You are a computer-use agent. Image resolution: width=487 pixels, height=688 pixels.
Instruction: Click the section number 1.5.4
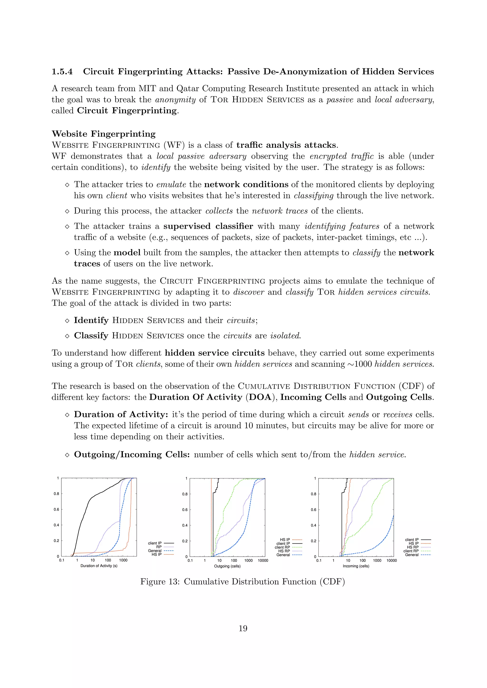point(62,72)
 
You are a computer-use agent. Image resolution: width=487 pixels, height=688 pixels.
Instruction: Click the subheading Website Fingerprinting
point(103,134)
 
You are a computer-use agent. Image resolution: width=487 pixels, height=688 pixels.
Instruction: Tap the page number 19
point(243,629)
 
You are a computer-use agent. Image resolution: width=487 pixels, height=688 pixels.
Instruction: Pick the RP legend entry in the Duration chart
point(159,547)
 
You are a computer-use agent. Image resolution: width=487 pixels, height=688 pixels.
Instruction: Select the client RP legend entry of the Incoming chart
point(411,551)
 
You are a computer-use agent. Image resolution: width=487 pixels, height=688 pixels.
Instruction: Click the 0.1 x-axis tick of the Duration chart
point(62,560)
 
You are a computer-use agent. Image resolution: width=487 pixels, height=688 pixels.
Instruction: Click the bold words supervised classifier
point(208,226)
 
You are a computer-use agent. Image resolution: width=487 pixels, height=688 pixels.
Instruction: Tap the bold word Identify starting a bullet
point(91,320)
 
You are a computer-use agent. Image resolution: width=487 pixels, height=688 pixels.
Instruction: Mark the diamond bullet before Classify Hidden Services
point(67,336)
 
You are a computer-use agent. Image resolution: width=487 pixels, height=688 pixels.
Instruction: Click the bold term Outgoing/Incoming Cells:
point(132,454)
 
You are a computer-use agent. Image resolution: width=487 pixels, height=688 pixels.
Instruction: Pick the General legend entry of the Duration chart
point(155,550)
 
